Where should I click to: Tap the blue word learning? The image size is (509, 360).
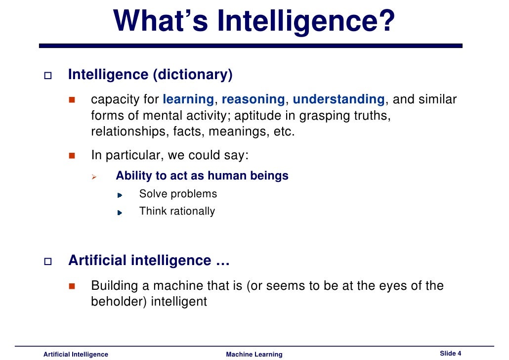188,99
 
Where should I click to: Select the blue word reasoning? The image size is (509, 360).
254,99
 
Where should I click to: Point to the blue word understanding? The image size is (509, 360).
339,99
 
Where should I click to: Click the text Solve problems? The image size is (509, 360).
178,194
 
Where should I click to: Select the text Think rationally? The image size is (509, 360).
177,211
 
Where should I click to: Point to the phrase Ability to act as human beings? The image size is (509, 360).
202,176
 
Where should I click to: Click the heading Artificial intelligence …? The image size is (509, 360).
149,261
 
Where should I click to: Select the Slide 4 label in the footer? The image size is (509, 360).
450,353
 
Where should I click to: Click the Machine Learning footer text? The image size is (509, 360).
254,354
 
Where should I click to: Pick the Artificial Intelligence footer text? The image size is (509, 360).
76,354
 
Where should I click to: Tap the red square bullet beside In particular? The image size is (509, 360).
71,156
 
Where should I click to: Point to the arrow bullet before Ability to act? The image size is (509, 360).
95,177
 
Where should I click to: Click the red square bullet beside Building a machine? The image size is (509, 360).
71,286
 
